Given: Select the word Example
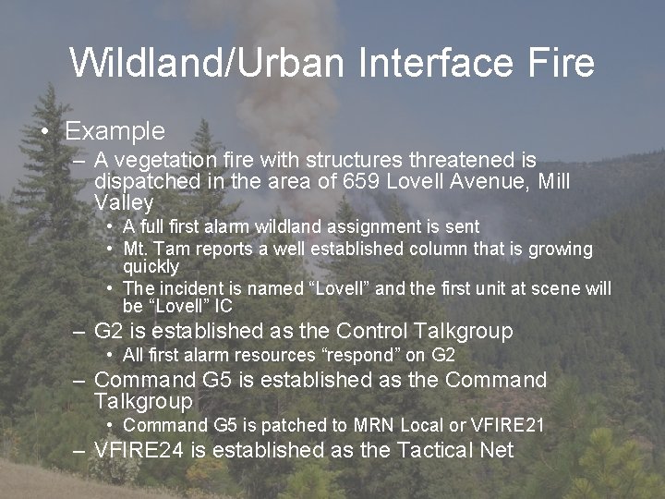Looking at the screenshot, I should pyautogui.click(x=115, y=131).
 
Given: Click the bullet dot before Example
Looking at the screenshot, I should pyautogui.click(x=45, y=132).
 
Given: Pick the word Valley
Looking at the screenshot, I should pyautogui.click(x=124, y=202).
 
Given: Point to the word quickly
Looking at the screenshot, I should pyautogui.click(x=151, y=266).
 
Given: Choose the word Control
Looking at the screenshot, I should pyautogui.click(x=373, y=331).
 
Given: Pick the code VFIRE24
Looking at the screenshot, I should pyautogui.click(x=139, y=450).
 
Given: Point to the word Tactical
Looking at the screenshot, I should pyautogui.click(x=439, y=450).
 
